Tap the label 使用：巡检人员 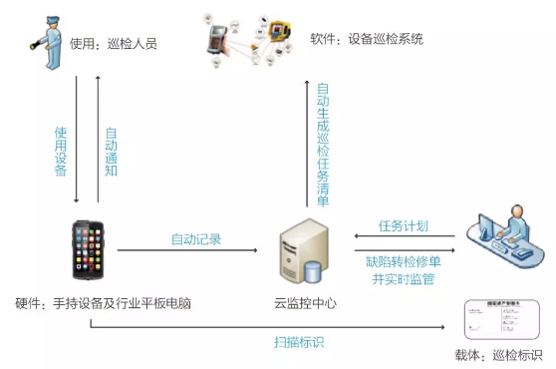click(x=114, y=45)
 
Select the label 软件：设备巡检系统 click(x=368, y=40)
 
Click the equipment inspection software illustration click(x=242, y=40)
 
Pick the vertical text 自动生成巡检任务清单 click(x=323, y=146)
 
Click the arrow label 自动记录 click(x=196, y=239)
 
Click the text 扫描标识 click(x=299, y=341)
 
